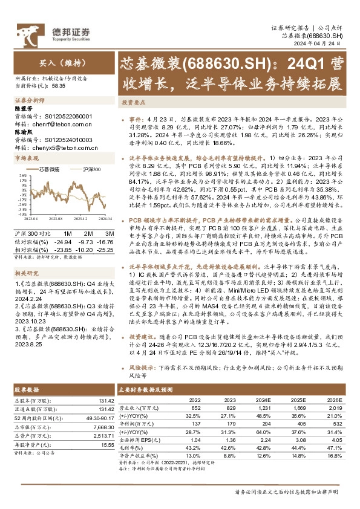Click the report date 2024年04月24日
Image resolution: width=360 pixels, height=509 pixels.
324,44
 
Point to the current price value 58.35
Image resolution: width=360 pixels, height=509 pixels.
61,86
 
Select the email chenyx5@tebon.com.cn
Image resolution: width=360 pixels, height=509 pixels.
64,147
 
